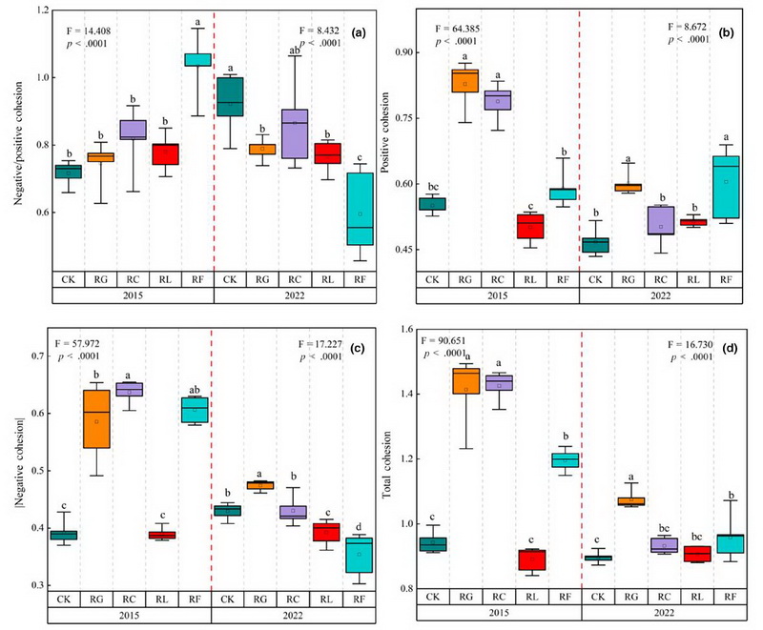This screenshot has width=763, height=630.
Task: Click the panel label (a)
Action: (x=359, y=31)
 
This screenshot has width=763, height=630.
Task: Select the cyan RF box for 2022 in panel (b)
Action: (x=726, y=219)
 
